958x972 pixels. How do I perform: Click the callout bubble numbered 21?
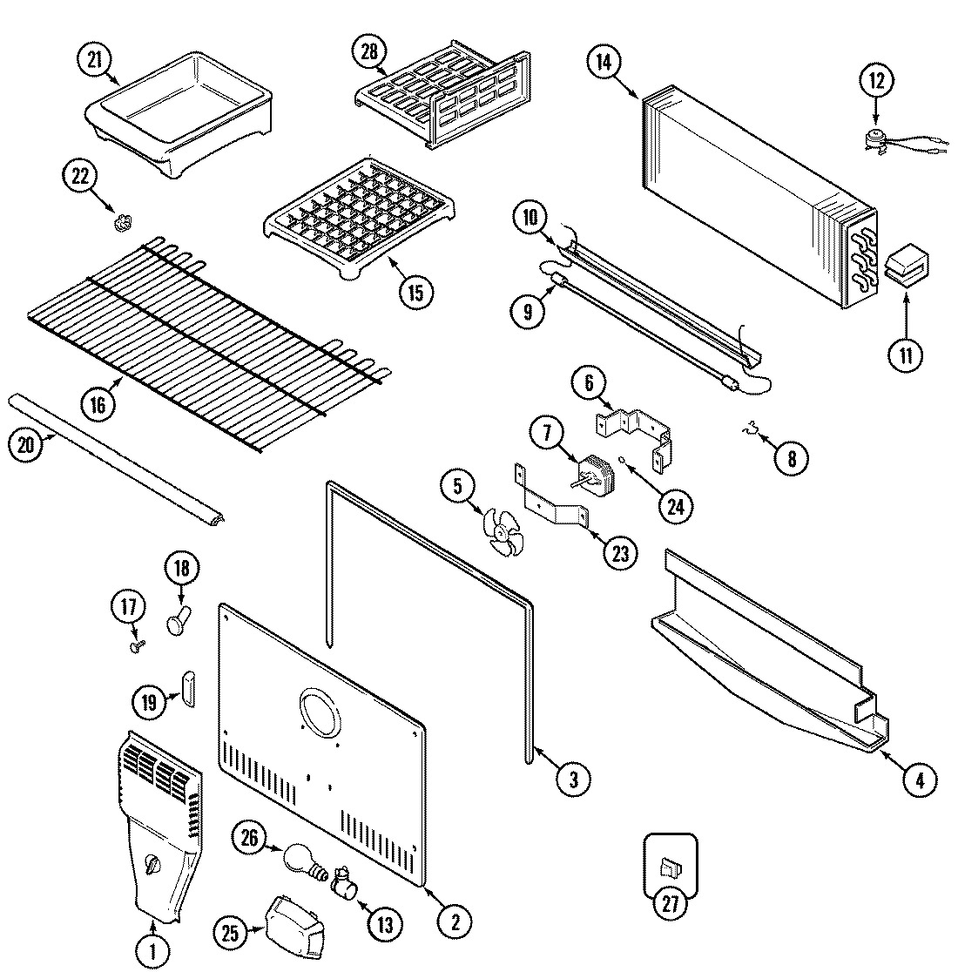(93, 60)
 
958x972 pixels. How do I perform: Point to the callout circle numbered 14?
(604, 61)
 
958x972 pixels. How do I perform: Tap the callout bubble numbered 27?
(670, 902)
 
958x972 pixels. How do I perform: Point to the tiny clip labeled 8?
(748, 429)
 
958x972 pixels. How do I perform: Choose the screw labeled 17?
(136, 645)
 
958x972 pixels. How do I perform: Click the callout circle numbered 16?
(98, 403)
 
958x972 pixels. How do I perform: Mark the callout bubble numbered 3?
(573, 779)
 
